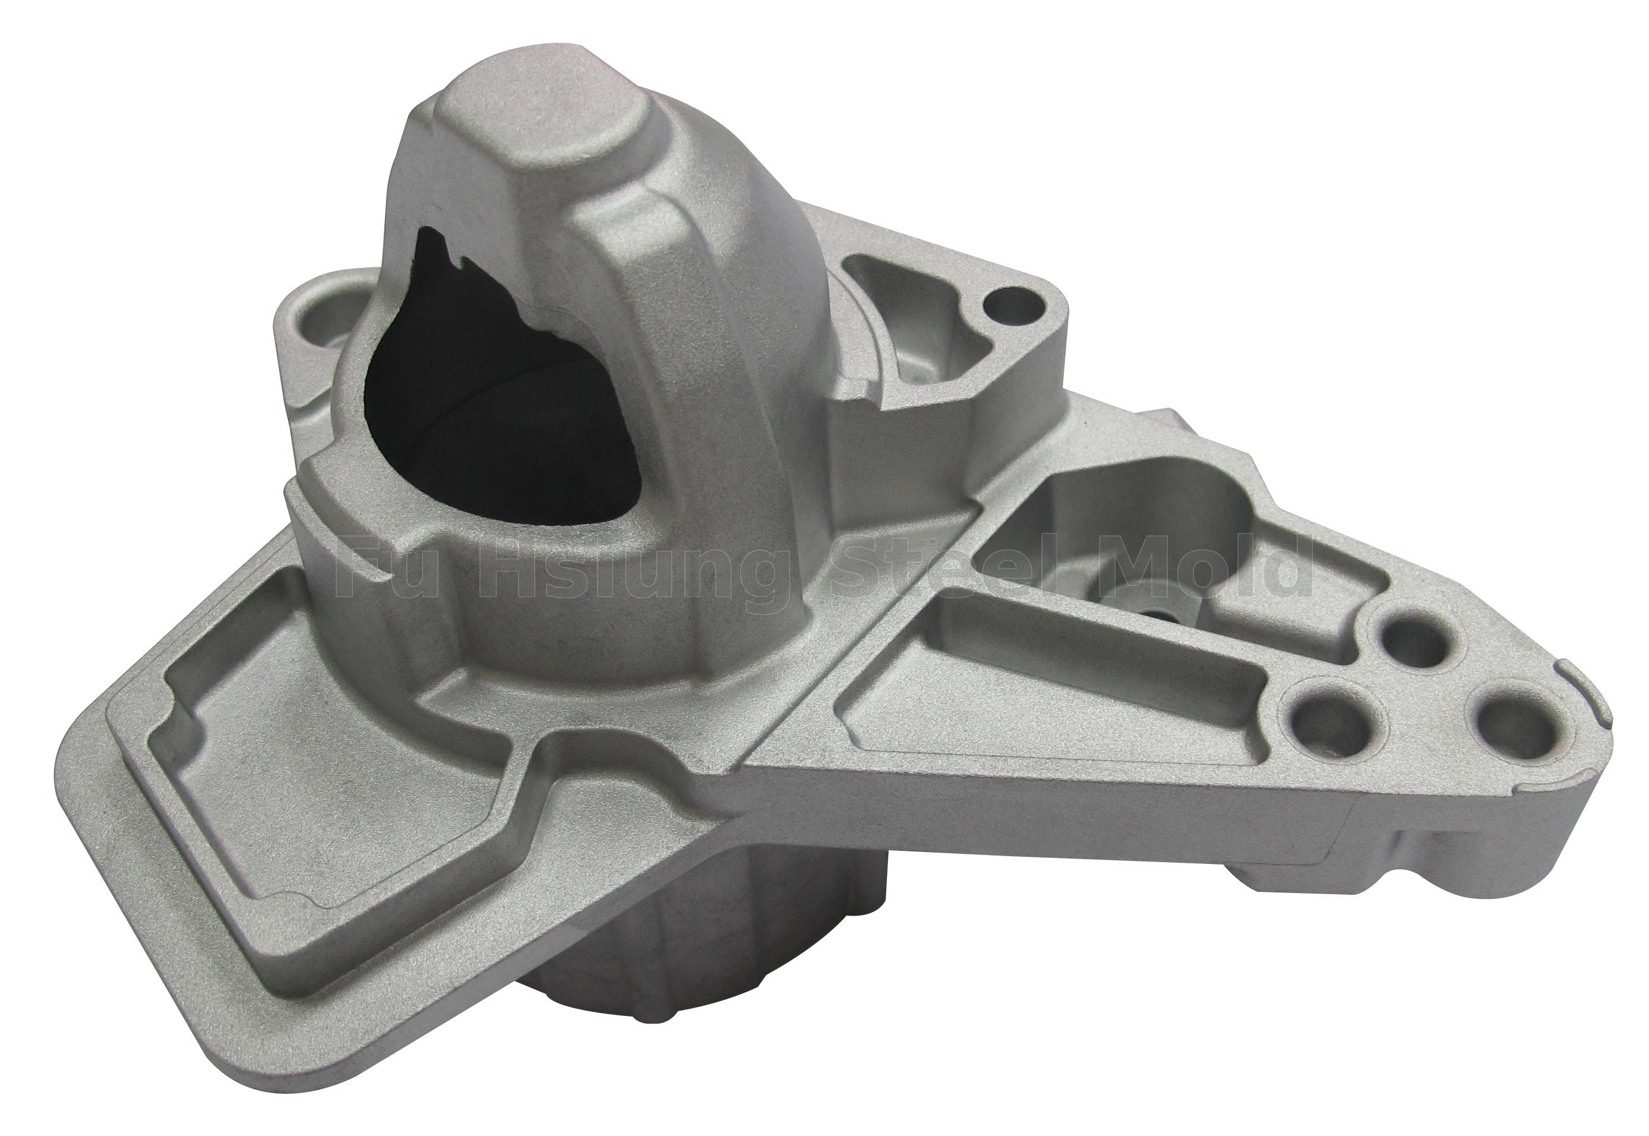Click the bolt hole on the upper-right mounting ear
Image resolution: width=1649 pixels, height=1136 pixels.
click(1009, 305)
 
